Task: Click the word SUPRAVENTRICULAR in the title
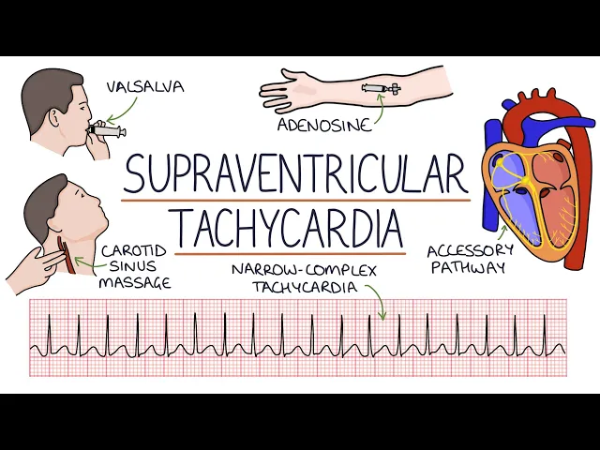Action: click(x=295, y=176)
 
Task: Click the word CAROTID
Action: click(x=135, y=251)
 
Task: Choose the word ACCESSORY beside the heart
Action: click(x=471, y=251)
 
